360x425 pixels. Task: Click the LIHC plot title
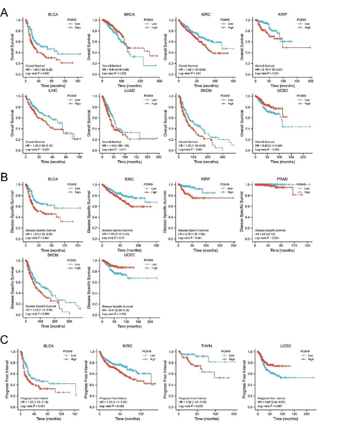point(47,89)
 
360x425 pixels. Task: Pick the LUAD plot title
point(125,89)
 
